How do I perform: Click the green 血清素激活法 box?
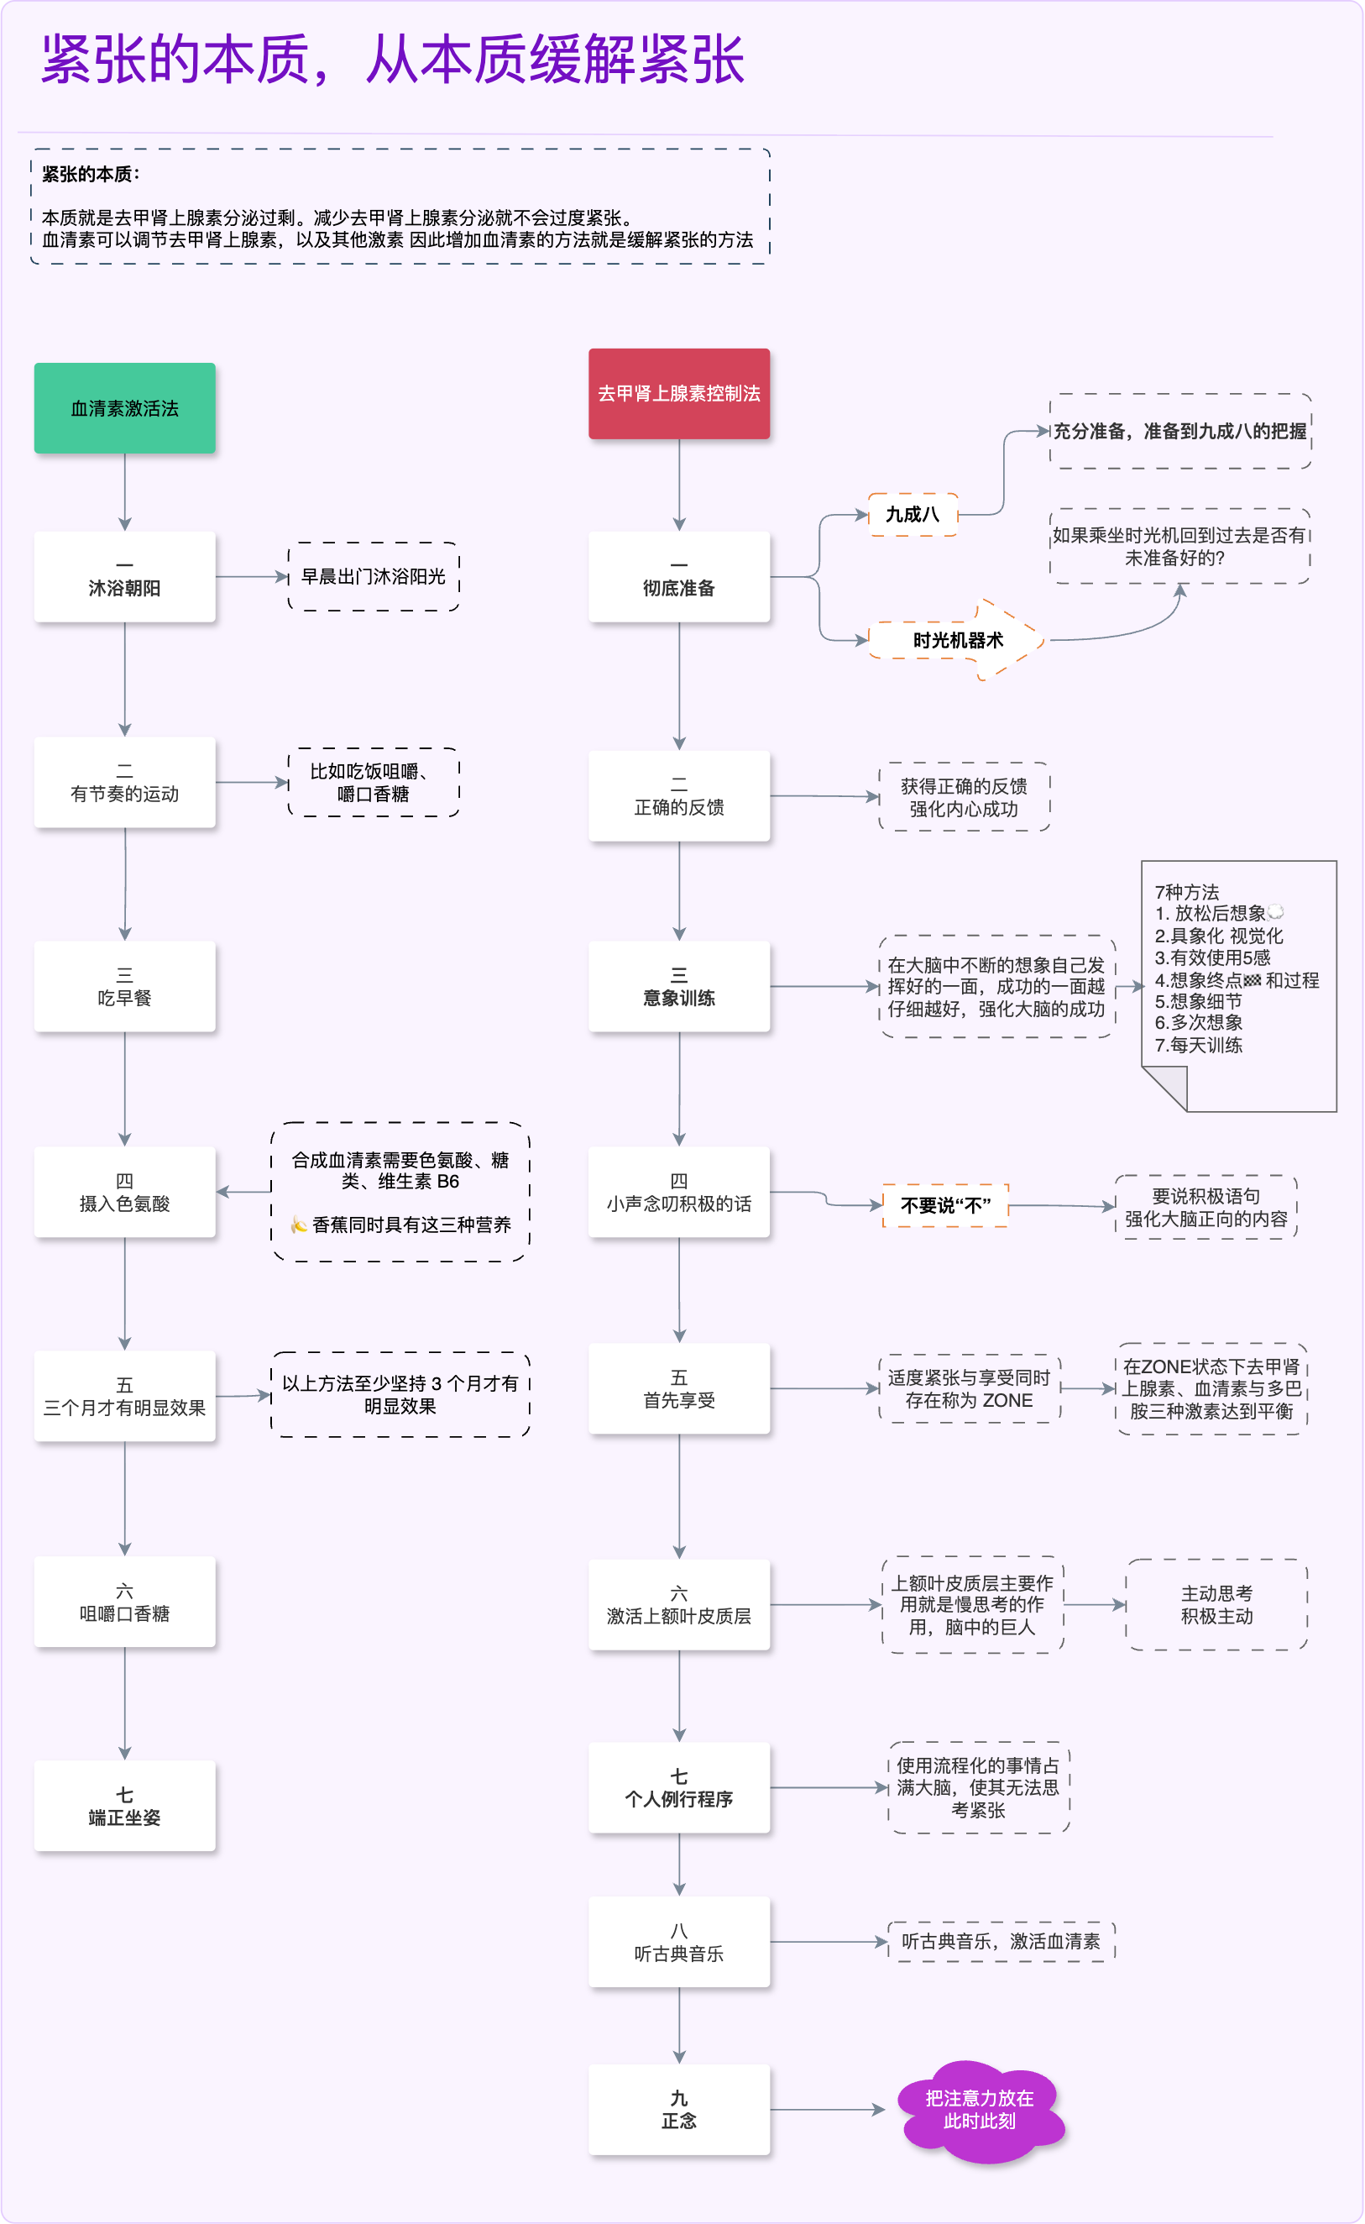pos(124,408)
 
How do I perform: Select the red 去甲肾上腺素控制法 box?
pos(679,394)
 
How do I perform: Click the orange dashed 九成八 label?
pos(912,515)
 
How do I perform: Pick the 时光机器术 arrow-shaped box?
pos(957,640)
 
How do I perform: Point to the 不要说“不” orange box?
pos(945,1205)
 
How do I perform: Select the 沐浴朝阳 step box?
pos(124,577)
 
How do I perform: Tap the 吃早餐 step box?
pos(124,987)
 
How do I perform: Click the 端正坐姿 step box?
pos(124,1806)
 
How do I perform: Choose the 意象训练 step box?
pos(679,987)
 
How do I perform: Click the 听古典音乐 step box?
pos(679,1943)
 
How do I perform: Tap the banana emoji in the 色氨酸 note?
pos(299,1225)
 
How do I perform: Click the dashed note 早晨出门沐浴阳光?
pos(374,577)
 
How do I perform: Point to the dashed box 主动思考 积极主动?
pos(1216,1604)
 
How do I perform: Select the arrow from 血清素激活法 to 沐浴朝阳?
pos(124,492)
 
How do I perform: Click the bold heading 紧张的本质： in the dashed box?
pos(91,174)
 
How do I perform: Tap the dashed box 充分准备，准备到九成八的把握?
pos(1180,432)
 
